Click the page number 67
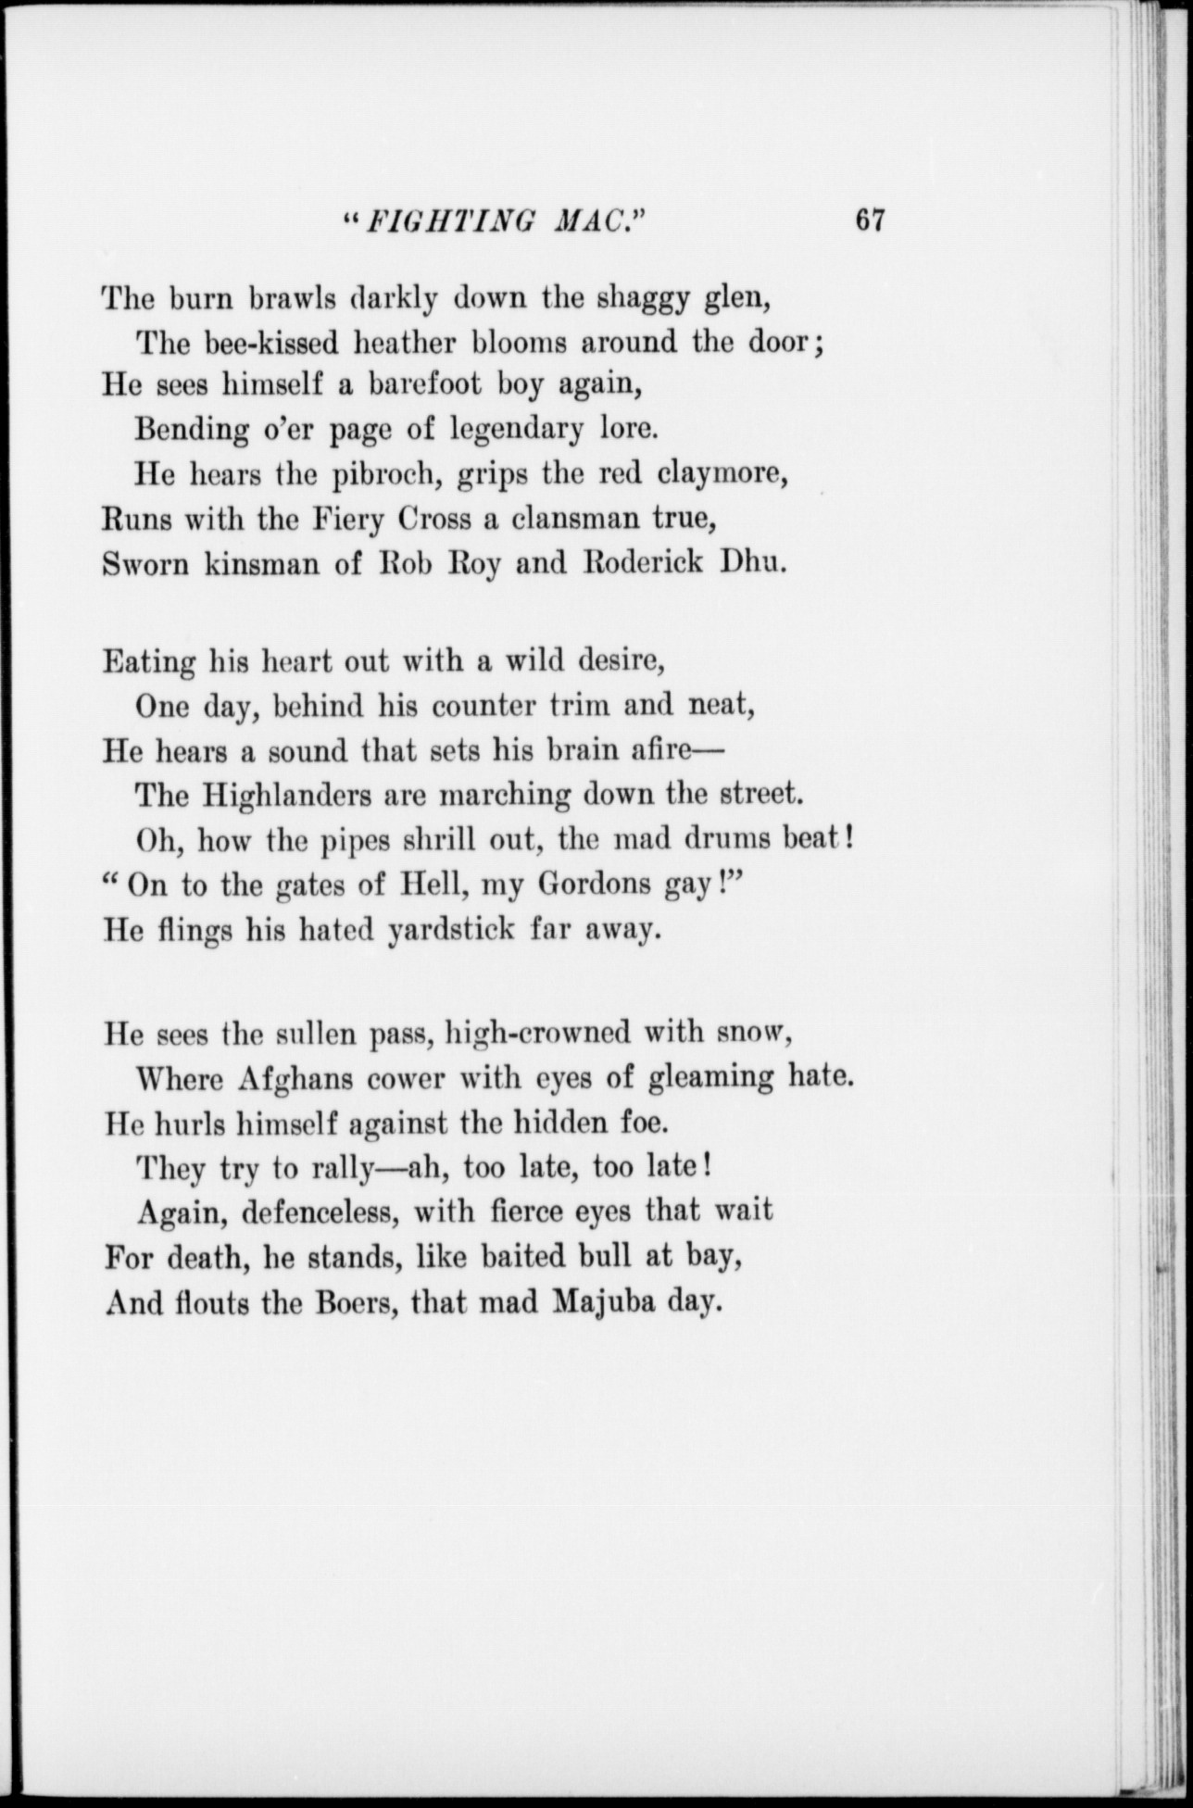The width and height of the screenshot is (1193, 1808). [x=872, y=221]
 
